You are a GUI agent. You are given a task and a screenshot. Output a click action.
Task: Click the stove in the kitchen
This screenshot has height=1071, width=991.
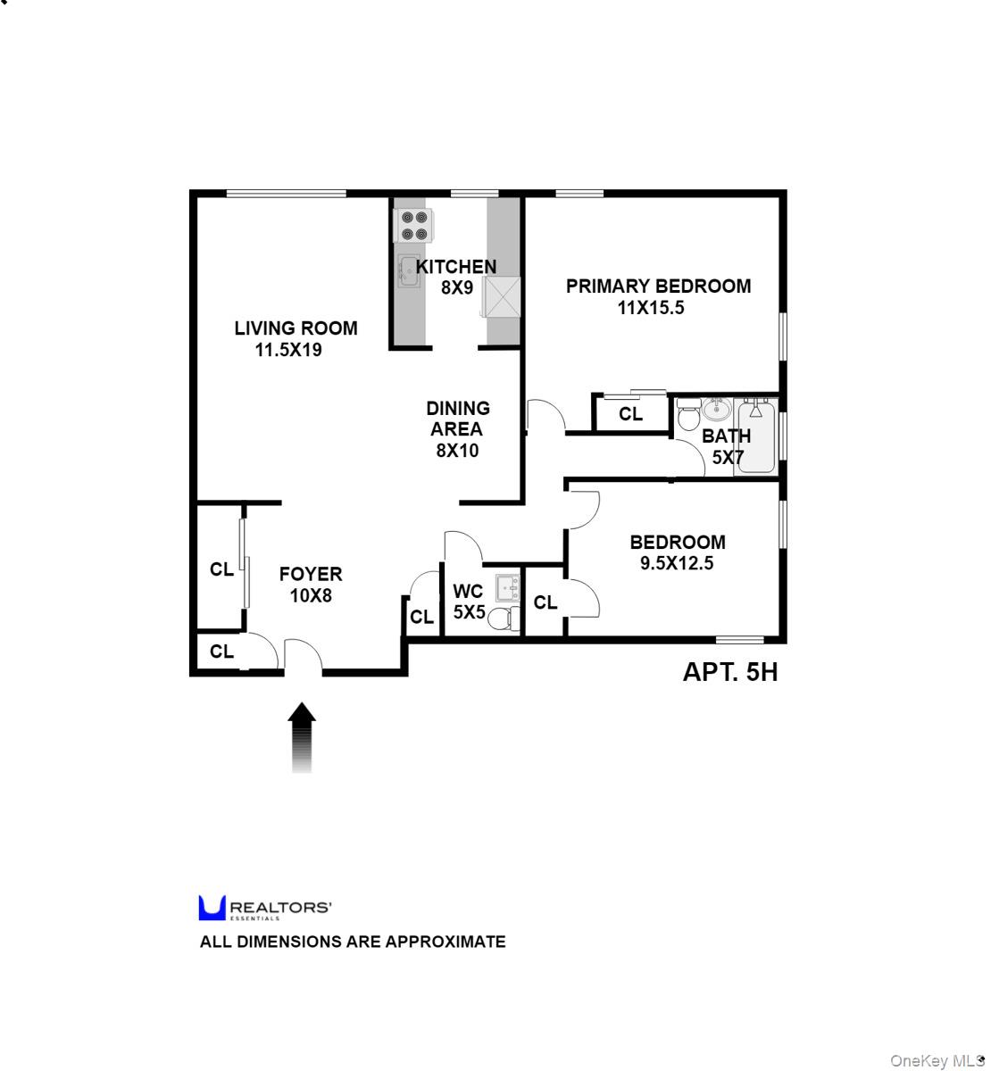point(413,225)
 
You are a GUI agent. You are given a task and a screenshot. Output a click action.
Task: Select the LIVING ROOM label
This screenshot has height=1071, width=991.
point(296,328)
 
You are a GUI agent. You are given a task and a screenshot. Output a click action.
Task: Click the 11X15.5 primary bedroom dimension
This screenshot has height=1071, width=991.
point(650,308)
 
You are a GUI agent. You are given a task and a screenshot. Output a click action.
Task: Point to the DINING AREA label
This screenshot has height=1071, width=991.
point(457,419)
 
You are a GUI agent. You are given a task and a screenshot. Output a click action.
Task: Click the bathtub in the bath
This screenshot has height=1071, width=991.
point(757,437)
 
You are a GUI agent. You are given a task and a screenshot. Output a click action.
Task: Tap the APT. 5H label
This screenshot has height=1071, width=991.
point(729,672)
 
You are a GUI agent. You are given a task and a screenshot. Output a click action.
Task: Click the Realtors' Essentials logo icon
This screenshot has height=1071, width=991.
point(212,908)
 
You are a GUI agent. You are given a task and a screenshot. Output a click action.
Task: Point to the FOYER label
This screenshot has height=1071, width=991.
point(310,574)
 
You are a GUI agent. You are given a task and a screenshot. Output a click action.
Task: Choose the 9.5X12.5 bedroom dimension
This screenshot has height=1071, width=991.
point(676,563)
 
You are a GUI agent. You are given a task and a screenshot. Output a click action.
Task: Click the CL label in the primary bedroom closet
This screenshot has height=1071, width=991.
point(630,414)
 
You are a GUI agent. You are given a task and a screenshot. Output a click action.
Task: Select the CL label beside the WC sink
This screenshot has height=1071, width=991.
point(545,603)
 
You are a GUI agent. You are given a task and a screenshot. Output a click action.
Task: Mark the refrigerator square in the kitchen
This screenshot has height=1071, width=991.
point(501,296)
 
